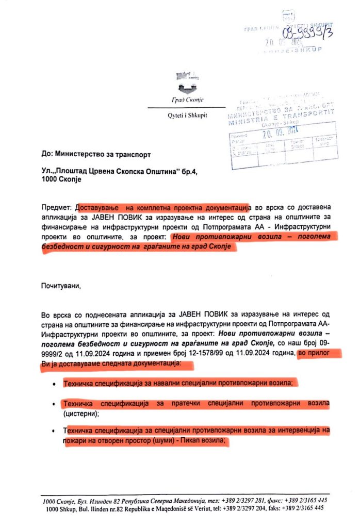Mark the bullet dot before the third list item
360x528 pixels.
coord(54,432)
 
